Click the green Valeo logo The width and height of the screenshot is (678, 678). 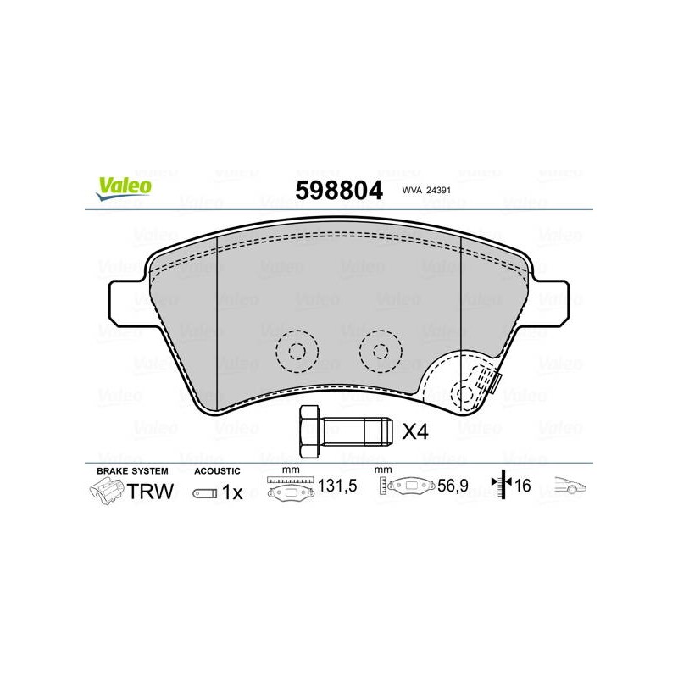tap(124, 188)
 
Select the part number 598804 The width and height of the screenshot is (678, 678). tap(339, 190)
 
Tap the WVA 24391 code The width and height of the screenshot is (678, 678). tap(426, 190)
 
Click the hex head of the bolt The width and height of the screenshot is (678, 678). tap(309, 431)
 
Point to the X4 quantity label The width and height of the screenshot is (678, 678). tap(415, 431)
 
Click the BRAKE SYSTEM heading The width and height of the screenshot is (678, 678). tap(132, 471)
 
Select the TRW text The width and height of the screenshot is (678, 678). tap(150, 492)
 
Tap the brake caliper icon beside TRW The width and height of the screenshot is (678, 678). tap(107, 491)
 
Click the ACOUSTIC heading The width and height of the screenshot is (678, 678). tap(217, 471)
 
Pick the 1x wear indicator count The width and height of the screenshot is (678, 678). tap(232, 492)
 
